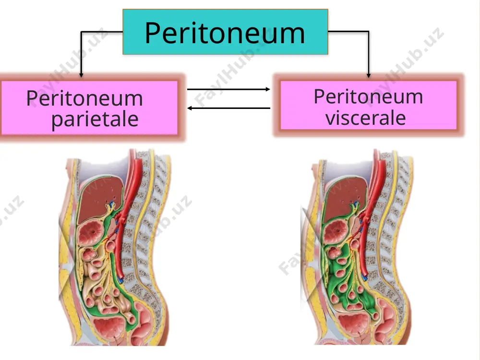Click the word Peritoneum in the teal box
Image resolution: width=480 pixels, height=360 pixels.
(x=225, y=33)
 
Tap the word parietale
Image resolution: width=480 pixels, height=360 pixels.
(x=95, y=119)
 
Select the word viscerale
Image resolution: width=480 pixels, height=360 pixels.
(x=365, y=118)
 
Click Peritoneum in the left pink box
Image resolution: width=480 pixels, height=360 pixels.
(x=84, y=98)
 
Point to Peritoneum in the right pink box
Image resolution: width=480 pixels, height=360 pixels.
(x=368, y=96)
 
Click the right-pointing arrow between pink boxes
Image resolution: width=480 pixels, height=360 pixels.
(x=228, y=89)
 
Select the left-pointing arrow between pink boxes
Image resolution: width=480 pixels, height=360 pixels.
(x=228, y=108)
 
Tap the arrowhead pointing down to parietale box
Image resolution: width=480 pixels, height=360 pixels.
(x=81, y=75)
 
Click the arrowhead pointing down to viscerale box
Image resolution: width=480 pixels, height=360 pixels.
(x=369, y=75)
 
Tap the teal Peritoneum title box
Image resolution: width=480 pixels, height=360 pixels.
(x=225, y=32)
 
